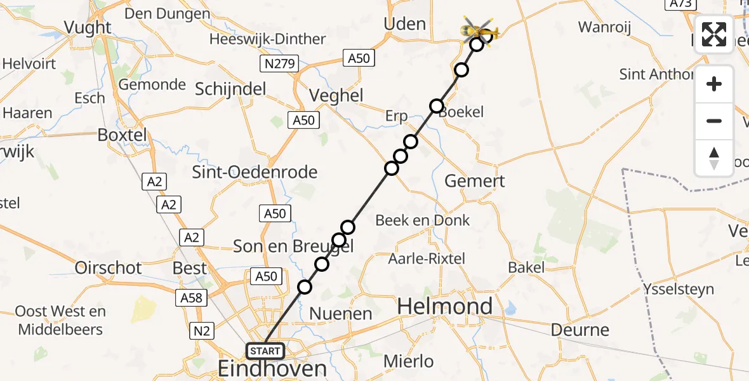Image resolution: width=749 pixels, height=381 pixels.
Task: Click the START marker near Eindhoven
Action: tap(265, 351)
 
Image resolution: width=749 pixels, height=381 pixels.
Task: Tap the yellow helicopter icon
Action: tap(481, 29)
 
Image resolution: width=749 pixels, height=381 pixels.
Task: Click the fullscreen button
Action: tap(714, 34)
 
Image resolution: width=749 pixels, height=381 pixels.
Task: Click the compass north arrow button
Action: tap(714, 158)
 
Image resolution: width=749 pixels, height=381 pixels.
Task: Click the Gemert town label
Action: tap(474, 181)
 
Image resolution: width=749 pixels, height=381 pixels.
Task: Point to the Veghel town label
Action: tap(336, 96)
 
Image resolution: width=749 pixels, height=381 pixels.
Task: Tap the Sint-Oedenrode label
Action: tap(255, 172)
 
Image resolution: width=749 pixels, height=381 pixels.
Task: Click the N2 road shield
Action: tap(204, 330)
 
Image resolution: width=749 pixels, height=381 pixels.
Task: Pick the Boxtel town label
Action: tap(122, 135)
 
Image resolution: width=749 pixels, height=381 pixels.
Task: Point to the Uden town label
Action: tap(405, 24)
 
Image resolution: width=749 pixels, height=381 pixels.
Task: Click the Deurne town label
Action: tap(580, 330)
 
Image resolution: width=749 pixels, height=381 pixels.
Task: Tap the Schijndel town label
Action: tap(230, 90)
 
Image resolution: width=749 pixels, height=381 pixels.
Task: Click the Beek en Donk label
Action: tap(422, 220)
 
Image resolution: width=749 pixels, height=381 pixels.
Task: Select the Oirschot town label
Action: tap(109, 267)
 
